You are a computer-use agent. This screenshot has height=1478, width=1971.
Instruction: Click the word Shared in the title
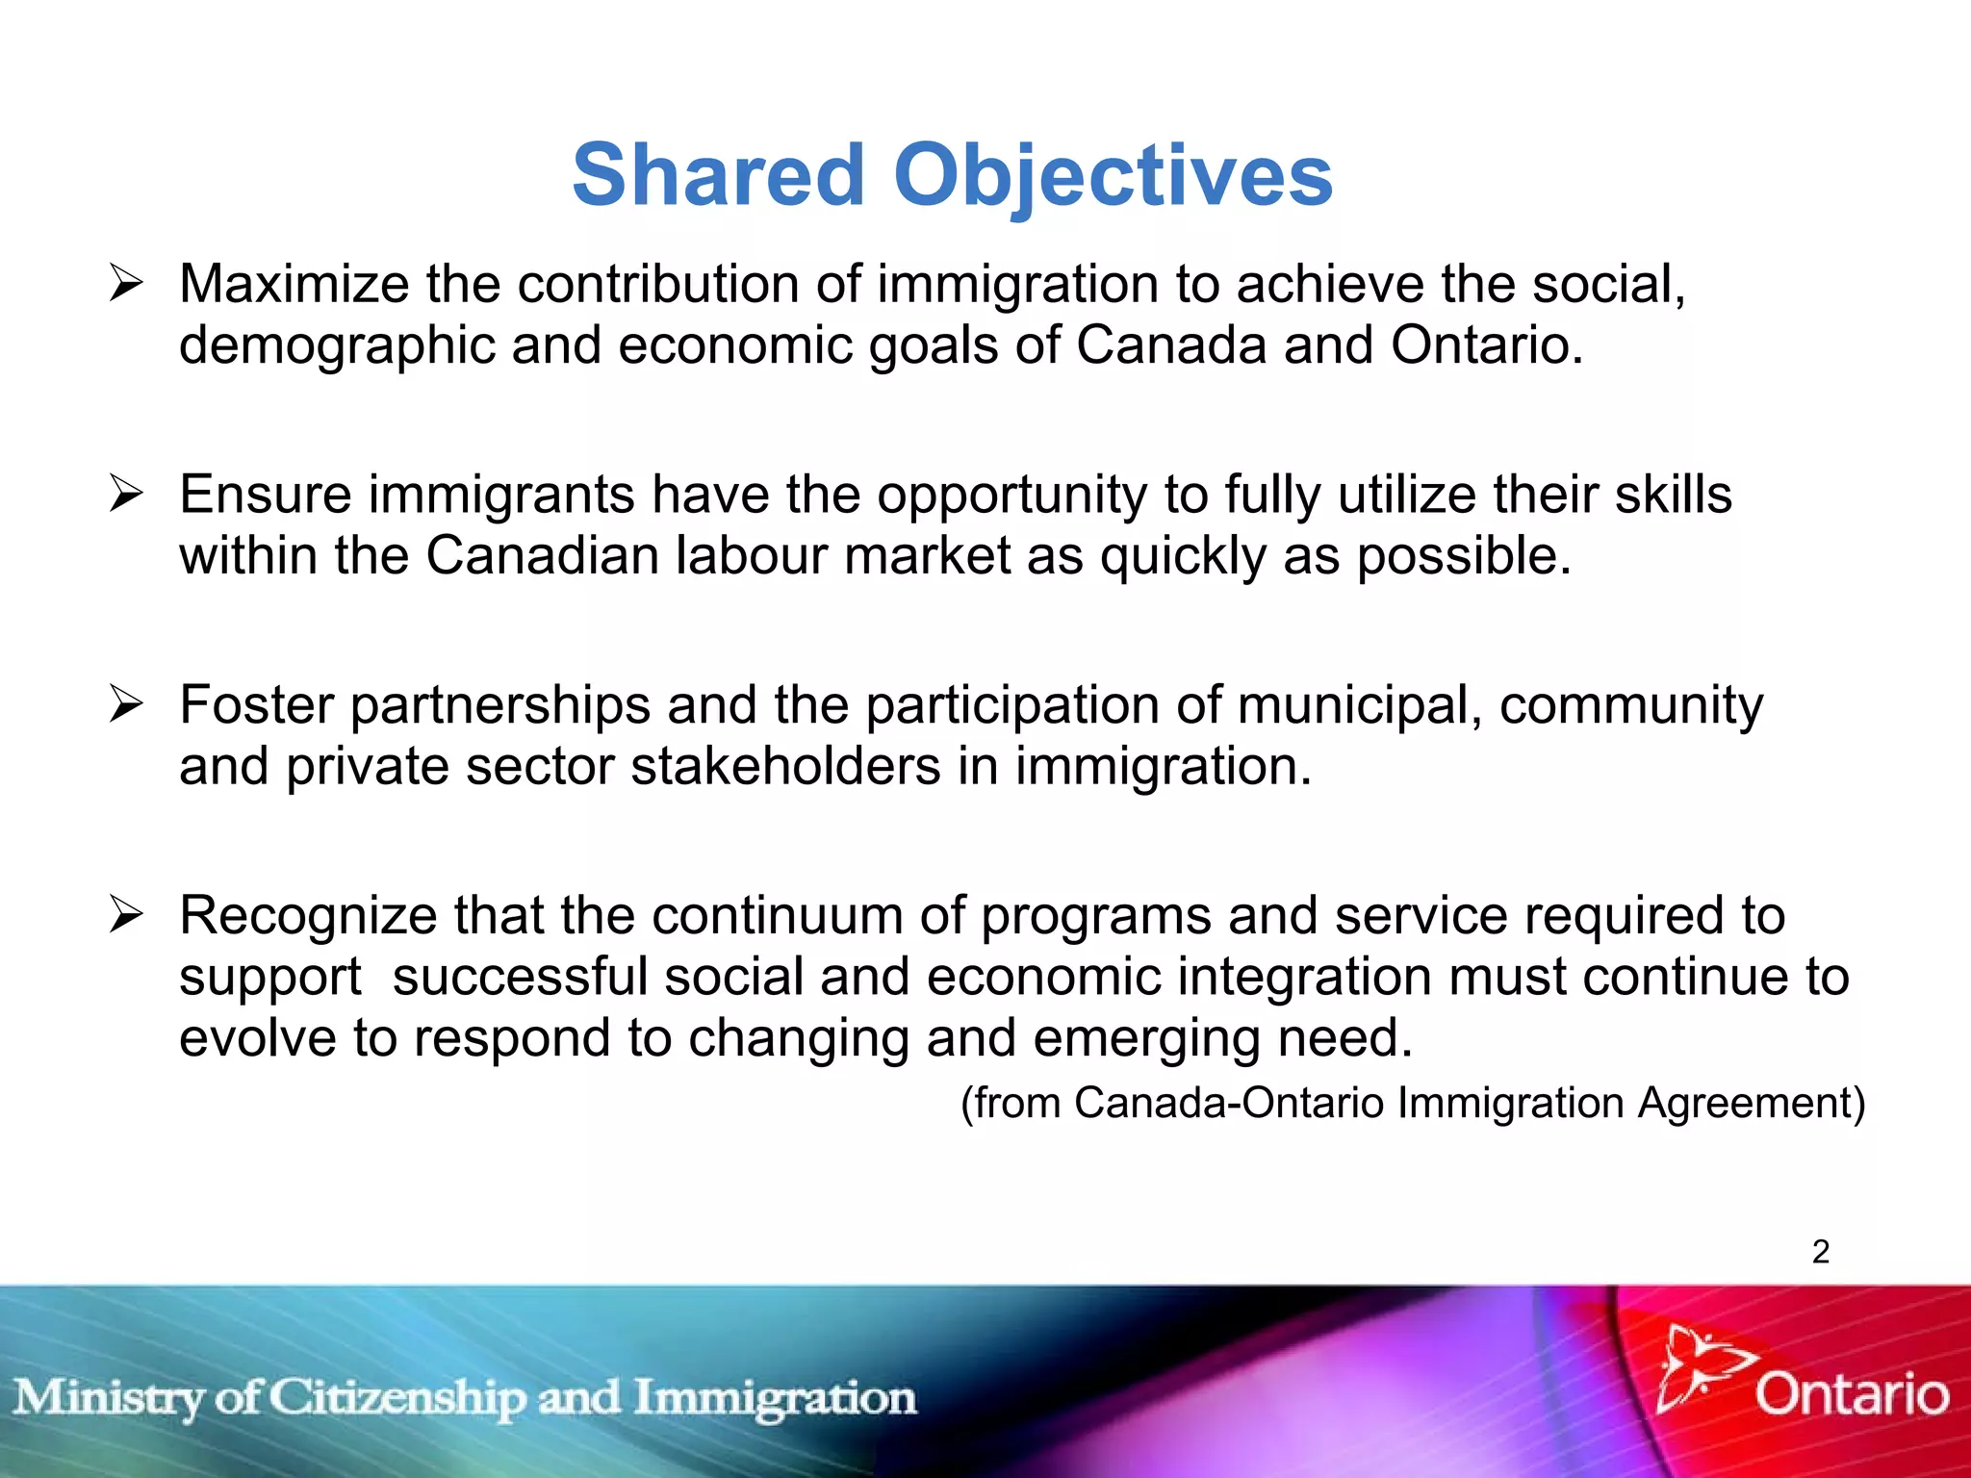718,175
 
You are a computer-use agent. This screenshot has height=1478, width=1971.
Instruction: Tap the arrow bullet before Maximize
126,285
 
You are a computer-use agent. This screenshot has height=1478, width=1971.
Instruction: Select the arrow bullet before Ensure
126,495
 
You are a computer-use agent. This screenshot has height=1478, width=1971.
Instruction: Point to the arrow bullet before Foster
126,704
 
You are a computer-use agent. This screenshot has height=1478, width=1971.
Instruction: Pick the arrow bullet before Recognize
126,914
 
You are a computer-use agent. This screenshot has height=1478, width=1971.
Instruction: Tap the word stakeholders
785,767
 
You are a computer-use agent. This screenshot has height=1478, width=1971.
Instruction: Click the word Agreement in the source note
1752,1103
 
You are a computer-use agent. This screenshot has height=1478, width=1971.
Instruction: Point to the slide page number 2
1821,1251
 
